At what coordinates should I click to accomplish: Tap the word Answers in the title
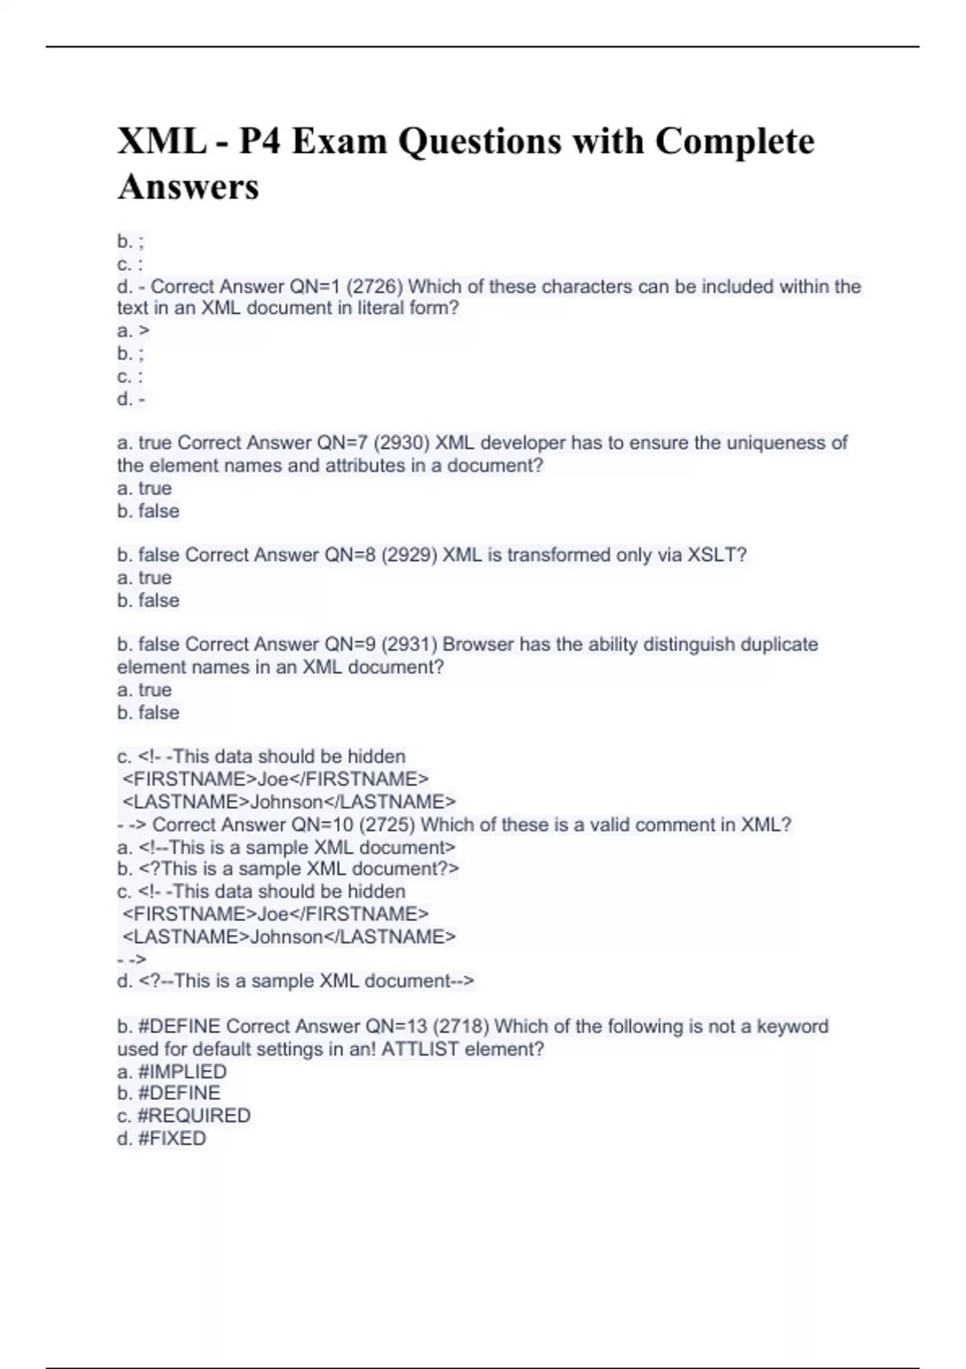188,188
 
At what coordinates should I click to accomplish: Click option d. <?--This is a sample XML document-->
295,981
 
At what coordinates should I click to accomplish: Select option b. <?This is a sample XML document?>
288,869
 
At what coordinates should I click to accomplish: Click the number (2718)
460,1027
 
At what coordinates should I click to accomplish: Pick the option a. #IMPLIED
171,1072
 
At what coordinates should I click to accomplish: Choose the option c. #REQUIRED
184,1116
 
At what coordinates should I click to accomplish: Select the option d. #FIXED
161,1139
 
